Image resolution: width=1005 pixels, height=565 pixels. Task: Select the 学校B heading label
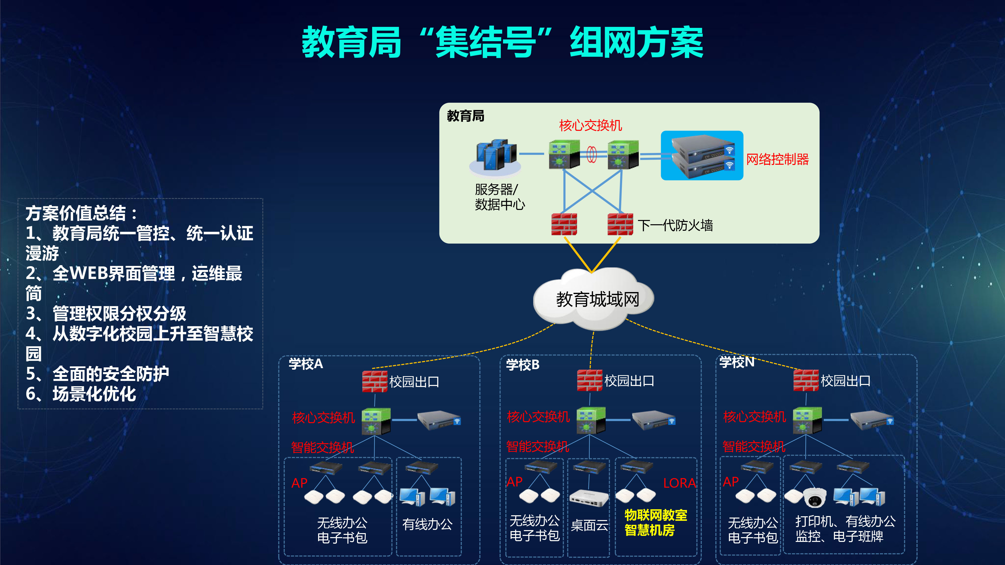point(523,365)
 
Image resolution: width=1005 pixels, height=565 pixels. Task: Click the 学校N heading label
point(737,362)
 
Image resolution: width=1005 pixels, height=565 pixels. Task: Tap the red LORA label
point(679,483)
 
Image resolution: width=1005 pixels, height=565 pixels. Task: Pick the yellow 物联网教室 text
point(656,515)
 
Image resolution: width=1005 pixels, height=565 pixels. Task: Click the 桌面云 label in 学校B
point(589,526)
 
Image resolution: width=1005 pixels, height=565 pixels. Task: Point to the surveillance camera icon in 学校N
point(814,497)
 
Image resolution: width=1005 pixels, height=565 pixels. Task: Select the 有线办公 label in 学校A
point(427,524)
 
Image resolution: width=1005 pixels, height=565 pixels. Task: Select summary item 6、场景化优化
point(81,394)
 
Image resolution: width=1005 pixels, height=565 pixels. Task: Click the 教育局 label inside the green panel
point(465,116)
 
